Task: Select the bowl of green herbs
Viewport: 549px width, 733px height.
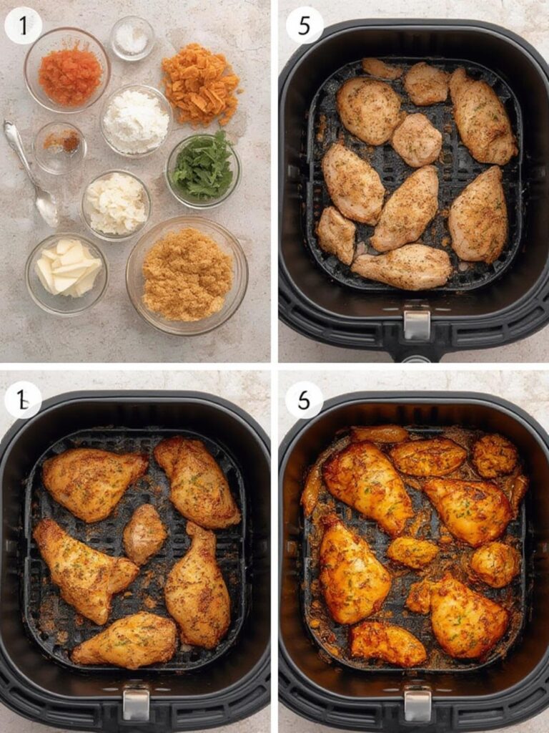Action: click(203, 169)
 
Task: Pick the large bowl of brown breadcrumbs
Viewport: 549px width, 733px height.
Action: click(187, 275)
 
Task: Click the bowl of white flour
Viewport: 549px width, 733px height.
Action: click(136, 120)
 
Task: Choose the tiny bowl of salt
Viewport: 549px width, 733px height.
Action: click(132, 37)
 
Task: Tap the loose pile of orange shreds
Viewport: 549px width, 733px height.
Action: click(199, 83)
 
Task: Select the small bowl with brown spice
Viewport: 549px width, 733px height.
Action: click(60, 146)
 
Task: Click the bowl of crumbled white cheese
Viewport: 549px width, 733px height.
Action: click(116, 205)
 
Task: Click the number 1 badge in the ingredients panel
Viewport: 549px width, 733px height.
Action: click(23, 26)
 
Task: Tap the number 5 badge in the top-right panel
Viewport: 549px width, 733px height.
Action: click(305, 26)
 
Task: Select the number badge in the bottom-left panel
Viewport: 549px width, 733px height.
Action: click(23, 400)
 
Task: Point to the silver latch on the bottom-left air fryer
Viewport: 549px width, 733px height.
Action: click(136, 704)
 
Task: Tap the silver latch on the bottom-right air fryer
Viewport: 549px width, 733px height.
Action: click(417, 704)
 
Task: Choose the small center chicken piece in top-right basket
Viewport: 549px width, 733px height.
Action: click(417, 140)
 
